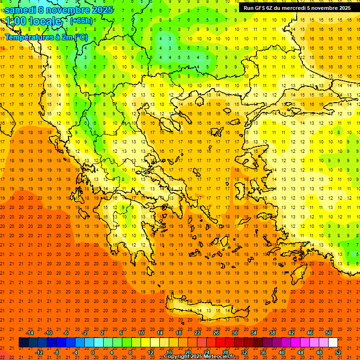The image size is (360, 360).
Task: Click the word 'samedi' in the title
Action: tap(21, 10)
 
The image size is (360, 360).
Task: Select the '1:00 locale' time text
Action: tap(33, 21)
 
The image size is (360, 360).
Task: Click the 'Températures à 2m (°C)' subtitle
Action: tap(46, 37)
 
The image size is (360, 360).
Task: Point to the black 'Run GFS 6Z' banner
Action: tap(297, 8)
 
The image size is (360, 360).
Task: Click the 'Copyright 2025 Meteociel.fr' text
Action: tap(205, 357)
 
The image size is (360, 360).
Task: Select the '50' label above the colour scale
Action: tap(328, 333)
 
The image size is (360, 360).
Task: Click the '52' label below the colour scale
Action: tap(338, 352)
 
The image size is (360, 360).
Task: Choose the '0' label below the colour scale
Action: tap(93, 352)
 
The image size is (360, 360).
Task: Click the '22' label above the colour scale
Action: tap(197, 333)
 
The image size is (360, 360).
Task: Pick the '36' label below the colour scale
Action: tap(263, 352)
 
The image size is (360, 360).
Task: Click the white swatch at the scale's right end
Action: tap(333, 342)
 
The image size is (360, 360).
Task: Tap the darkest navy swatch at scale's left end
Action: tap(23, 342)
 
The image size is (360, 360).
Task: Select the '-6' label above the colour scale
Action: tap(66, 333)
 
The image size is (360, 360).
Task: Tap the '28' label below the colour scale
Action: tap(225, 352)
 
